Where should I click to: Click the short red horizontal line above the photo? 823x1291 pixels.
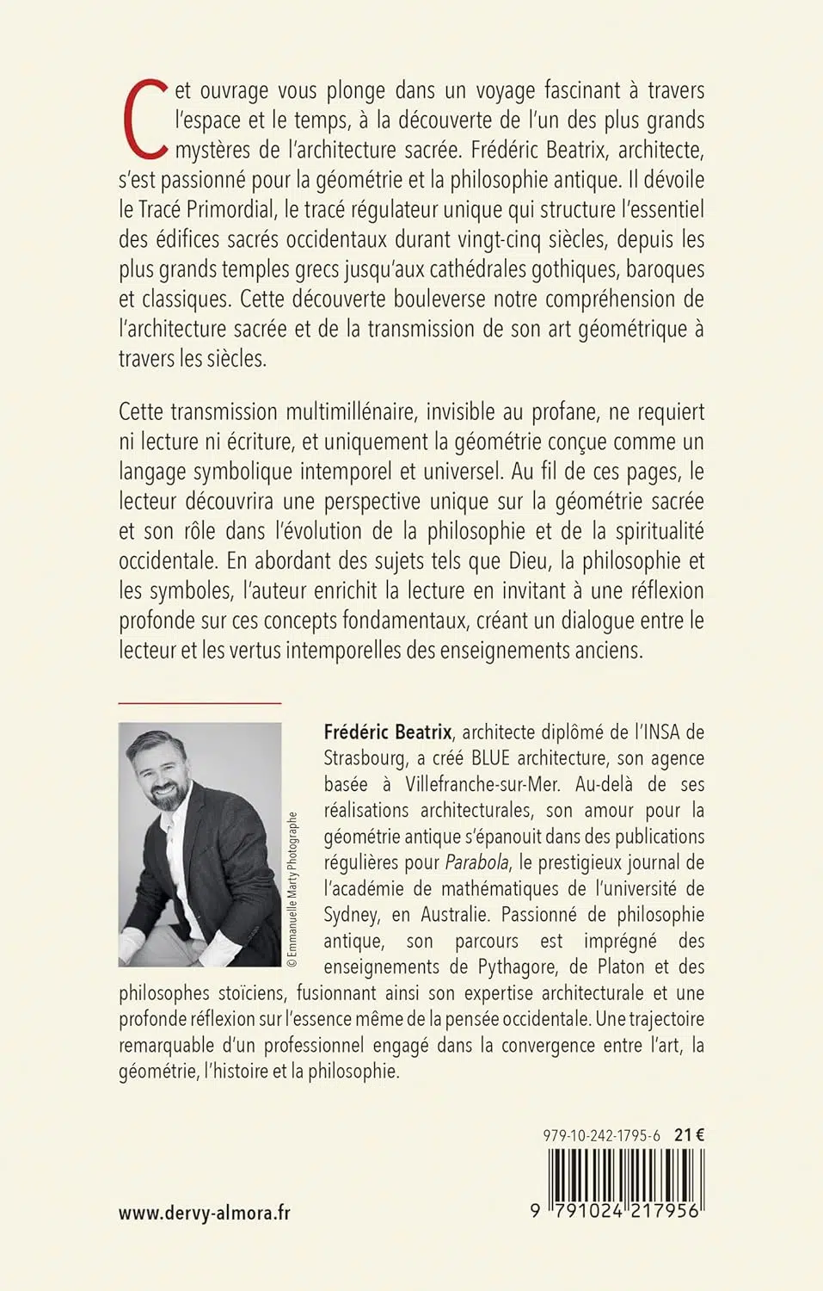pos(200,703)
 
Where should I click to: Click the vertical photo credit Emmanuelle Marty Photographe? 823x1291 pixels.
pos(292,890)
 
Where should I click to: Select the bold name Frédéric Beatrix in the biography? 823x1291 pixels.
pos(388,732)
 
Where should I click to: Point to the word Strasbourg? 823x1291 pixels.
pos(365,758)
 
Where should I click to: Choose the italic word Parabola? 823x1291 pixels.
pos(476,862)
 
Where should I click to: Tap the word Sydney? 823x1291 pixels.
pos(351,915)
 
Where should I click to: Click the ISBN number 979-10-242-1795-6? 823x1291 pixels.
pos(602,1135)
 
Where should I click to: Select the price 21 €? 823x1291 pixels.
pos(689,1135)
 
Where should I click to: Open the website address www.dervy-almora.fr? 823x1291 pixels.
pos(205,1213)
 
